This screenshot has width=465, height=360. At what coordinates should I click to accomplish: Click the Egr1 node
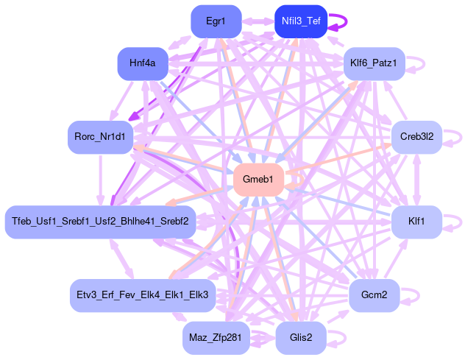[x=216, y=21]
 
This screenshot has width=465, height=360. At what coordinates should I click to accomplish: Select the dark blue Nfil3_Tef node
[x=300, y=21]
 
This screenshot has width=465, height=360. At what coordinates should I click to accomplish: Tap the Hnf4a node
[x=142, y=64]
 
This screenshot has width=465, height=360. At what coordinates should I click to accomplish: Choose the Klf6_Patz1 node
[x=374, y=64]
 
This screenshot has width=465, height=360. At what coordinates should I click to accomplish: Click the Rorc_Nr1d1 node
[x=100, y=137]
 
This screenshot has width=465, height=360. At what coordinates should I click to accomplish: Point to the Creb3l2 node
[x=416, y=137]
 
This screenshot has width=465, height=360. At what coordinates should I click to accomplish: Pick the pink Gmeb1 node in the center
[x=258, y=180]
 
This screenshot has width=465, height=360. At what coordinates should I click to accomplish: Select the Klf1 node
[x=416, y=221]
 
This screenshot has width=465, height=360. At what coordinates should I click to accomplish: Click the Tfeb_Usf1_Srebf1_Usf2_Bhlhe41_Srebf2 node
[x=100, y=221]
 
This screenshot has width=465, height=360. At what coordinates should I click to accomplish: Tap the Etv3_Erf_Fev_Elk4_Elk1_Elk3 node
[x=142, y=295]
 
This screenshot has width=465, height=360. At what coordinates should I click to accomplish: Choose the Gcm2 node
[x=374, y=295]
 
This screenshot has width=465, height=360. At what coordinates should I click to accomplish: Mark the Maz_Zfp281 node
[x=216, y=338]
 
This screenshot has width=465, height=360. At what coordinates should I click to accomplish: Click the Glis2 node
[x=300, y=338]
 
